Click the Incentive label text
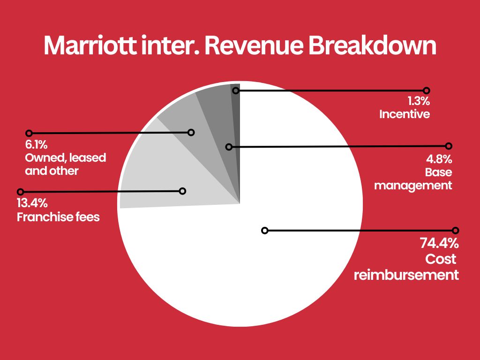pos(405,114)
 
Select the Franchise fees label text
pos(58,217)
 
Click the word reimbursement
pos(406,274)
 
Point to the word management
pos(413,185)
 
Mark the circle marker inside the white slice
pos(264,230)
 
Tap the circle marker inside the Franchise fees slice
pos(183,191)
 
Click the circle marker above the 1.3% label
pos(426,90)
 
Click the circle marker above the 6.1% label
pos(29,134)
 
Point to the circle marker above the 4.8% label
pos(449,146)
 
